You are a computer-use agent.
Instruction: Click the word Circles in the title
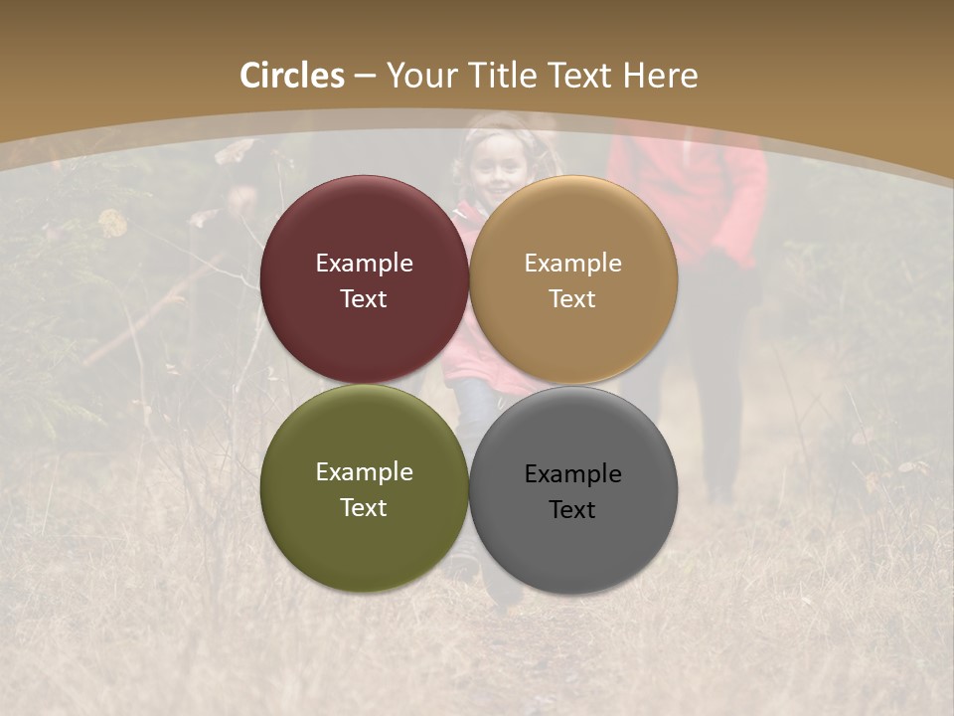pyautogui.click(x=292, y=76)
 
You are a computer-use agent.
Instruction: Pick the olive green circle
pyautogui.click(x=364, y=542)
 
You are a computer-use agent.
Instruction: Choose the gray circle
pyautogui.click(x=572, y=542)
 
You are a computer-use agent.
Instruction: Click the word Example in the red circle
pyautogui.click(x=364, y=263)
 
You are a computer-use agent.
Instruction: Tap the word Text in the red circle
pyautogui.click(x=364, y=298)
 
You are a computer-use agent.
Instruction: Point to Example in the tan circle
pyautogui.click(x=572, y=263)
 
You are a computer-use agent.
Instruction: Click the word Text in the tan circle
pyautogui.click(x=572, y=298)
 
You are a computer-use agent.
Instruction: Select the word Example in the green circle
pyautogui.click(x=364, y=471)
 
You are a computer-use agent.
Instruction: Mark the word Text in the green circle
pyautogui.click(x=364, y=507)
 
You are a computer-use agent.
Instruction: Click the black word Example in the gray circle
pyautogui.click(x=572, y=473)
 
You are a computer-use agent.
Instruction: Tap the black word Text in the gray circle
pyautogui.click(x=572, y=509)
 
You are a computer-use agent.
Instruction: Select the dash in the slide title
pyautogui.click(x=365, y=77)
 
